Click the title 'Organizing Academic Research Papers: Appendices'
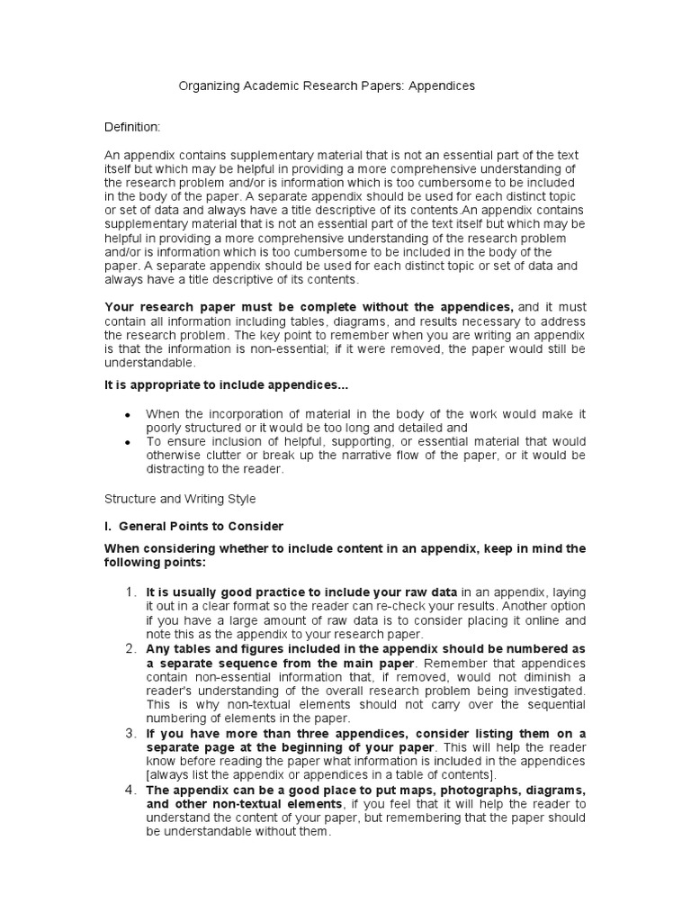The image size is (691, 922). pos(327,86)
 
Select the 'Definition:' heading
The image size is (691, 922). pos(132,128)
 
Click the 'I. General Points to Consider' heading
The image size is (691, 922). pos(193,526)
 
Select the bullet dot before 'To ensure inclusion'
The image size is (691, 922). pos(128,442)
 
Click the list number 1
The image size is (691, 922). pos(130,592)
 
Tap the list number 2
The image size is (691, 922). pos(130,648)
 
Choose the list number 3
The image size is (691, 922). pos(130,733)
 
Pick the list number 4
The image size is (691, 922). pos(130,790)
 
